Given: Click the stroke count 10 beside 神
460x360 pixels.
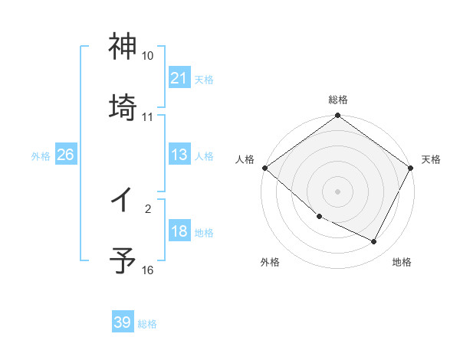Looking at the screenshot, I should pos(148,56).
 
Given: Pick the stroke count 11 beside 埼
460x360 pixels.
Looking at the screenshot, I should pos(148,116).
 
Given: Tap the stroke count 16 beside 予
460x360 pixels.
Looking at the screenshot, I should pos(148,270).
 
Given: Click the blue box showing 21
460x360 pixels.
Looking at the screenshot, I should pos(179,77).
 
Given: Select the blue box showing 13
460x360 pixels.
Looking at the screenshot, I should pos(179,155).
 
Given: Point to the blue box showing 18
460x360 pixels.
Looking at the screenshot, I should pos(179,232).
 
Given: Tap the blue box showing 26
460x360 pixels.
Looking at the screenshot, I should pos(65,155).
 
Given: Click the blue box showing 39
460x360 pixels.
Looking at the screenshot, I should pos(122,322).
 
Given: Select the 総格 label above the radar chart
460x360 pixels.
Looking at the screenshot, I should pos(338,100).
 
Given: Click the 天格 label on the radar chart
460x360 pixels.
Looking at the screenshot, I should pos(431,159).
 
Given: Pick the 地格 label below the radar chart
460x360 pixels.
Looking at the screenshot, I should pos(402,262).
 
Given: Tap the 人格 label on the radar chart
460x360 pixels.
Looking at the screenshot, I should pos(245,159).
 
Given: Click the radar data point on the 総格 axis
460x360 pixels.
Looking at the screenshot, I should pos(338,116).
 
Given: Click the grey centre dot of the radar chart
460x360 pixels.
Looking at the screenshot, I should pos(338,191).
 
